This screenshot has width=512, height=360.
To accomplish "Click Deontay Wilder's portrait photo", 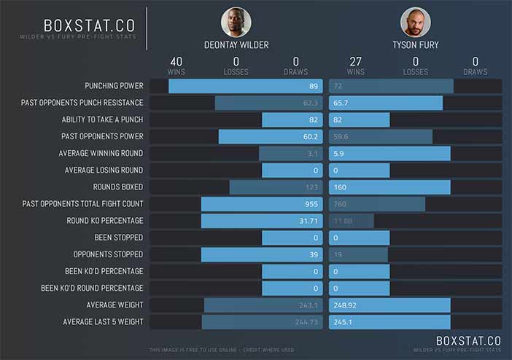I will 236,23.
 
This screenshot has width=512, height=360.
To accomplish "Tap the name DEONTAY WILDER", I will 236,45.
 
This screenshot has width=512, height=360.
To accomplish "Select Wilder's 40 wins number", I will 176,62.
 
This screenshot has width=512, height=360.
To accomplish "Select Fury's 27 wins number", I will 356,62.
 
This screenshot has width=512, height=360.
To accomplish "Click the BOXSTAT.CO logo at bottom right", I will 467,340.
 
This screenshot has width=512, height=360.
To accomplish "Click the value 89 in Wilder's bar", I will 313,86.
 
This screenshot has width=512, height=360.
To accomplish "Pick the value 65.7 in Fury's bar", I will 341,103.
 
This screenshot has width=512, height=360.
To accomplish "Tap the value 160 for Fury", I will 340,187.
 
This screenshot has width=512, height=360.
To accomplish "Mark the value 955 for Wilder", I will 311,204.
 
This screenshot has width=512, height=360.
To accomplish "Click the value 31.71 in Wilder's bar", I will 308,221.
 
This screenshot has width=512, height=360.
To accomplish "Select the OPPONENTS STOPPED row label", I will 108,254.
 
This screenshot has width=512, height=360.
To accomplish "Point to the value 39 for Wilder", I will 313,254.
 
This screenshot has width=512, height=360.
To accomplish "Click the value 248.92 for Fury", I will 345,305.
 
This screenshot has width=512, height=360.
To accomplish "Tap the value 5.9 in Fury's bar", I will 338,154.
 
